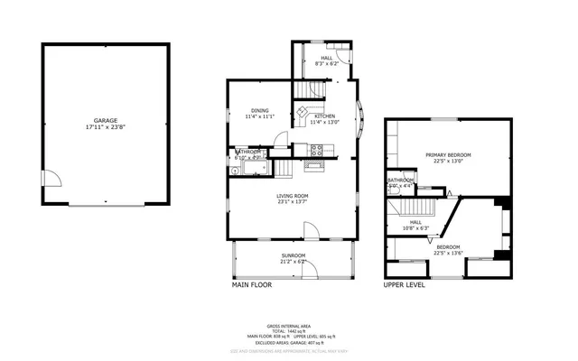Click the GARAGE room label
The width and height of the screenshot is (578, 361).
pos(106,121)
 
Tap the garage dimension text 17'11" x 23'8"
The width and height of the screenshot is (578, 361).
pos(106,127)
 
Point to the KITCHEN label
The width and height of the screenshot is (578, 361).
pos(324,116)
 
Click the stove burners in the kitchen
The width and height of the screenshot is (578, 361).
pos(317,152)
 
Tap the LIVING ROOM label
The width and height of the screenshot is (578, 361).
pos(293,196)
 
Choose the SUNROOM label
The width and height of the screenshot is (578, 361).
pos(293,255)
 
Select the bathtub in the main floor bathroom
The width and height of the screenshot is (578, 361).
pos(248,167)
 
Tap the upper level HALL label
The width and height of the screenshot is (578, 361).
pos(415,222)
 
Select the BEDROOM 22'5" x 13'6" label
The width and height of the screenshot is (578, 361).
pos(449,247)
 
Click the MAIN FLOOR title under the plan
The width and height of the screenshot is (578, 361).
pos(252,284)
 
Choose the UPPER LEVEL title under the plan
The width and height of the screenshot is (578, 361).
pos(405,284)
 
